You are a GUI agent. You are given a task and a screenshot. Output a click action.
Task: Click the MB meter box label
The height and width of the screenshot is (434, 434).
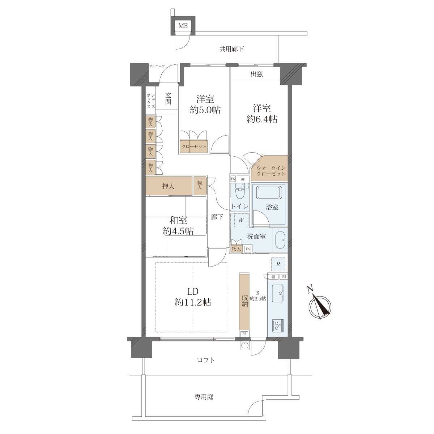coord(183,26)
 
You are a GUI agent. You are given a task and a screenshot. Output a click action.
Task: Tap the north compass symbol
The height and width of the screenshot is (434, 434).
coord(319,304)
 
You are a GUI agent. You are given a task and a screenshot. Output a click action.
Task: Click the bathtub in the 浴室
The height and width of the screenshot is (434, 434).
coord(269,192)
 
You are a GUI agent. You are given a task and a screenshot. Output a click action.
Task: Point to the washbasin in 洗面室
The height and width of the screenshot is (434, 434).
coord(280,240)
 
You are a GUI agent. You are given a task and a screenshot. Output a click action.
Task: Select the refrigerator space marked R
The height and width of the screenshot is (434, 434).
coord(278,264)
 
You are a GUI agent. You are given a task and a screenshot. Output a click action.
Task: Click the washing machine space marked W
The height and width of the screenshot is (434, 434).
coord(242,220)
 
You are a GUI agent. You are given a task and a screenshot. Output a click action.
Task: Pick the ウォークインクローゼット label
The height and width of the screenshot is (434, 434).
coord(271,171)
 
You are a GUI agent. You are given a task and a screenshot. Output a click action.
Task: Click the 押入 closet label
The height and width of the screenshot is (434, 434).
coord(168,187)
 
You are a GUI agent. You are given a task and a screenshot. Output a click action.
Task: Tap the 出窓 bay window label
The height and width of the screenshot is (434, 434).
coord(256,74)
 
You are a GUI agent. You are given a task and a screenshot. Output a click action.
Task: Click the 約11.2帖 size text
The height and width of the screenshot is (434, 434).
coord(193,302)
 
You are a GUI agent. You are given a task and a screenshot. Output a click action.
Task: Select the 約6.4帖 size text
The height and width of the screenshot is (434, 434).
coord(262,119)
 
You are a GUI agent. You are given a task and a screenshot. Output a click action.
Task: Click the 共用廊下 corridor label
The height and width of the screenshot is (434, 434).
coord(231,49)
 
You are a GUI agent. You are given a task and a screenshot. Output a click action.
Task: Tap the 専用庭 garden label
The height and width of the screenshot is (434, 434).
coord(204,397)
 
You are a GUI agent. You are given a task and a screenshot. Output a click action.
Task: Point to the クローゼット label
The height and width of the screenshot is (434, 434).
coord(194,146)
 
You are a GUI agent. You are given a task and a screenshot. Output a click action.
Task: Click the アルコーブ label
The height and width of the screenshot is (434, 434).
coord(157,66)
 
